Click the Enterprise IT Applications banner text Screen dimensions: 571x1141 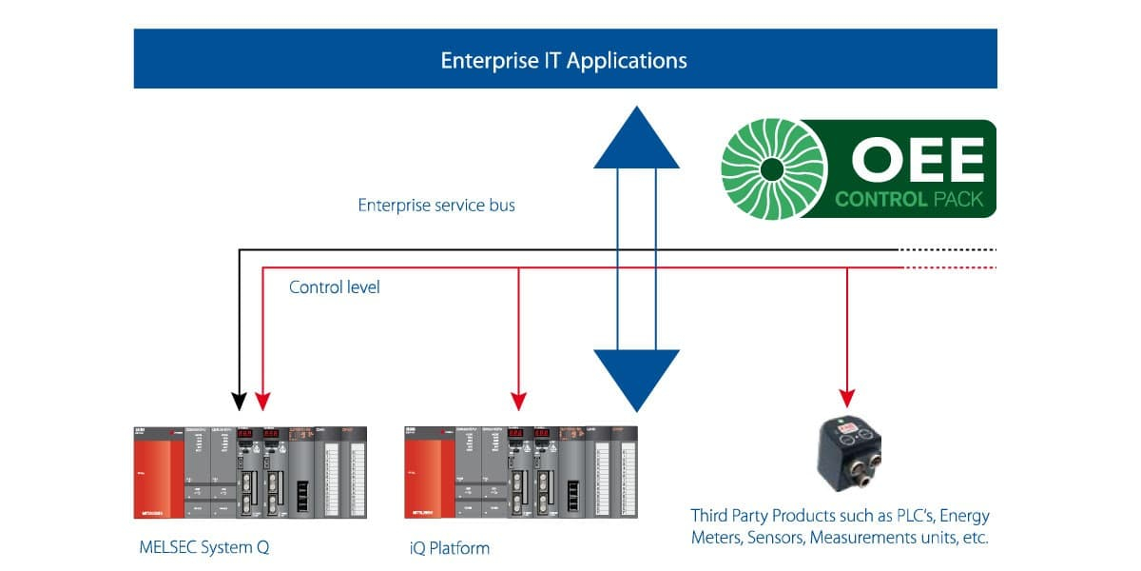[564, 61]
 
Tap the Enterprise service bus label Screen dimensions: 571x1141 [436, 205]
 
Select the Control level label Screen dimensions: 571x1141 [335, 286]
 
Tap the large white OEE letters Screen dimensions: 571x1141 [917, 158]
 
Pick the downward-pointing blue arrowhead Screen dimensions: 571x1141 [636, 378]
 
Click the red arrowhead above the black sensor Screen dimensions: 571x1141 [847, 398]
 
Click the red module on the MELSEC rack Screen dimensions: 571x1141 [158, 472]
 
